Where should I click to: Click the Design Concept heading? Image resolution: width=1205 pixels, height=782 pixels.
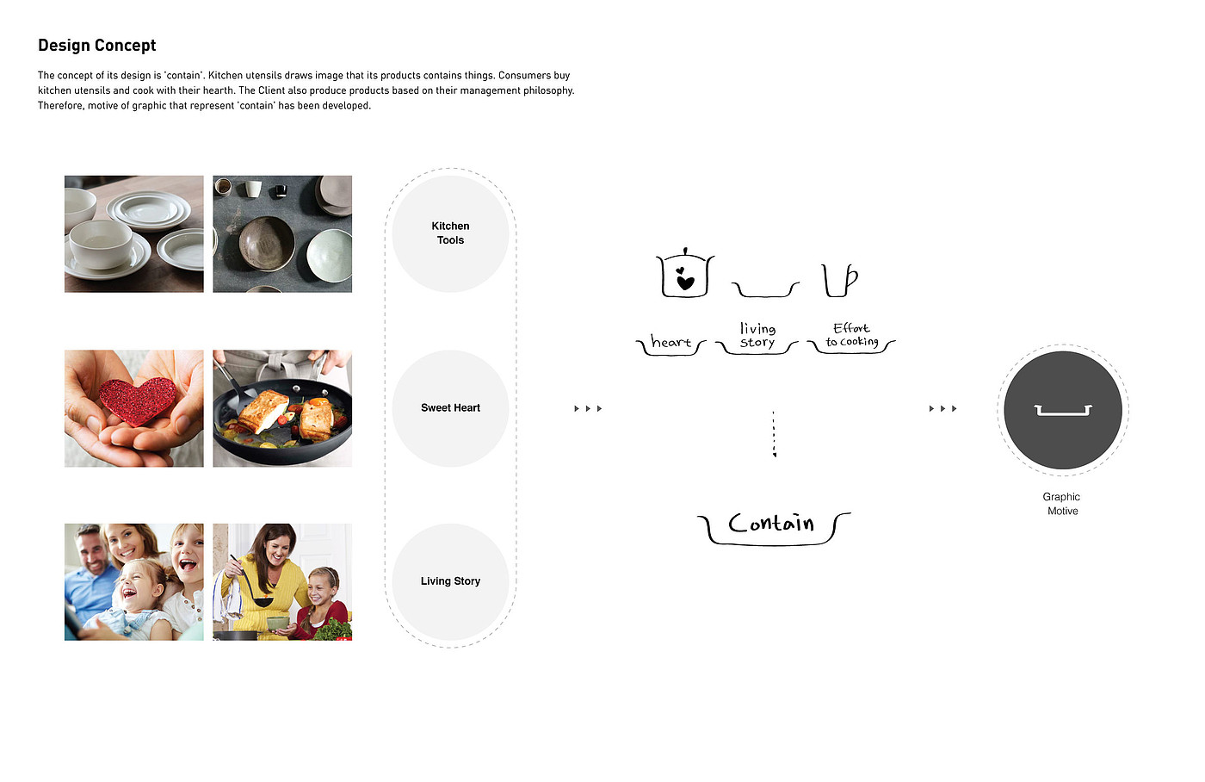coord(96,45)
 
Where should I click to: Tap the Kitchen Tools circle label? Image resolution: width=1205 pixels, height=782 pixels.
coord(450,233)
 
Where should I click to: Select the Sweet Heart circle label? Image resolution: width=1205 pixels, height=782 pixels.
coord(450,408)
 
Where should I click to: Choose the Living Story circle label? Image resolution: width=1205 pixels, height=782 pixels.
coord(450,581)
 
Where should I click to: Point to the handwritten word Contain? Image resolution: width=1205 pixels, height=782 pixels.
coord(771,523)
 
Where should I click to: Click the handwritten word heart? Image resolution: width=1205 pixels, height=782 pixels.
coord(670,341)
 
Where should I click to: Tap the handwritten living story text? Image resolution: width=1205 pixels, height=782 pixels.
coord(757,335)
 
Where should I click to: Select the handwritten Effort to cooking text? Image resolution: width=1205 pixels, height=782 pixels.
coord(852,335)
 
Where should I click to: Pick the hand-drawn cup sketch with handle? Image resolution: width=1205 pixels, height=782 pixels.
coord(840,281)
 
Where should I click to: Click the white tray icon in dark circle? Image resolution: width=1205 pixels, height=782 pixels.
coord(1063,411)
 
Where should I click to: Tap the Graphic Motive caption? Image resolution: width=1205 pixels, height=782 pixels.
coord(1062,504)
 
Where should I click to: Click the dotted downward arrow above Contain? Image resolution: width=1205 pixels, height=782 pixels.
coord(774,434)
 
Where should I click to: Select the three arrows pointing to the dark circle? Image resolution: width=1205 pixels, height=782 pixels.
coord(943,408)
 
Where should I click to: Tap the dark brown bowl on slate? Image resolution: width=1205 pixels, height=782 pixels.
coord(266,243)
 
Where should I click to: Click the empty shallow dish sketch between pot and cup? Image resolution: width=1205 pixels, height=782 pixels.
coord(765,289)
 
